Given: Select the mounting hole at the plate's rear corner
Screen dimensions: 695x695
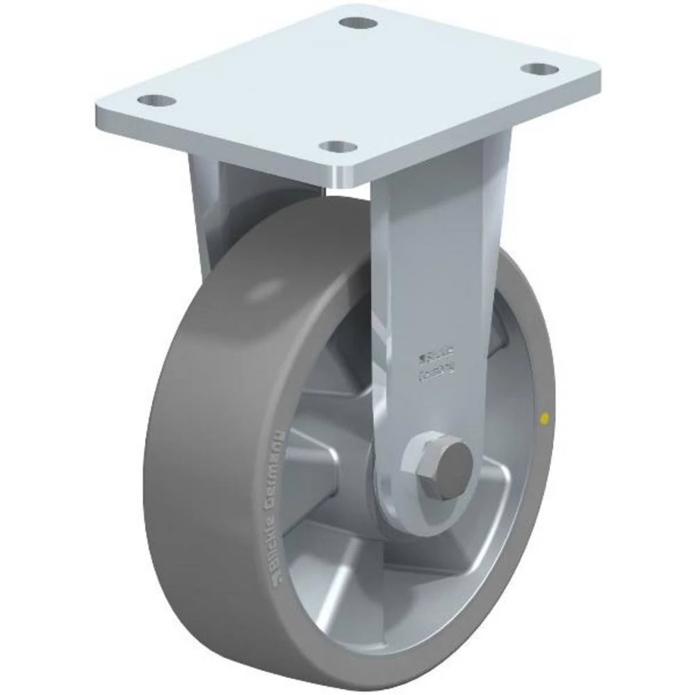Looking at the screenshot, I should (x=358, y=22).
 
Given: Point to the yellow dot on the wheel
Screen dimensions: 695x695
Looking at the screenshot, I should (x=544, y=418).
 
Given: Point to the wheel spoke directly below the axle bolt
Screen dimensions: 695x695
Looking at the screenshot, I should (x=410, y=563).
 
